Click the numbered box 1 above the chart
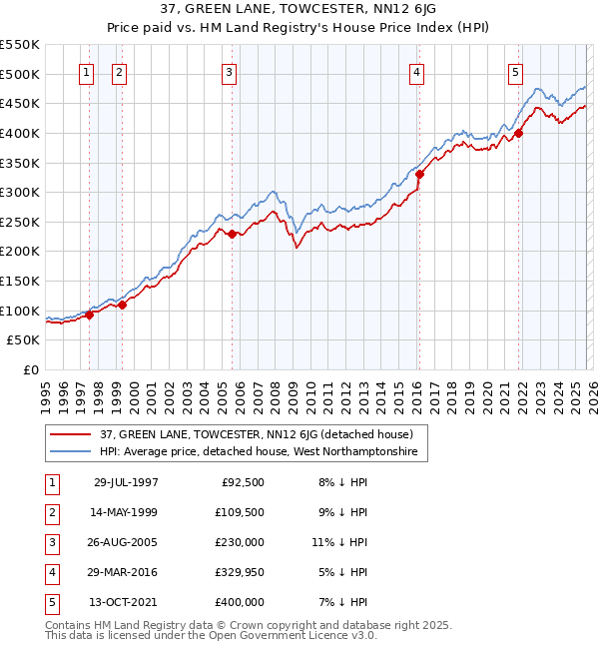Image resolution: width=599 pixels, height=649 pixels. tap(86, 72)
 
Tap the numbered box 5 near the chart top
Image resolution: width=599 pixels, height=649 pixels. tap(515, 72)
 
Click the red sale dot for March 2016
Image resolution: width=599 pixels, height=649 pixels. tap(419, 174)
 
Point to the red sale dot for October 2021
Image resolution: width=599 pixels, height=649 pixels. tap(519, 133)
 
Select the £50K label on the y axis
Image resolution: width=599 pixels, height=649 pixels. tap(24, 340)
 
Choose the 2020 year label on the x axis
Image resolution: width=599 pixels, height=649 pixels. tap(487, 395)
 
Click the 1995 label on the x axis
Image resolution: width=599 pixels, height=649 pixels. tap(47, 395)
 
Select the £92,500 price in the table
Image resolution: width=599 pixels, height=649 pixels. tap(243, 482)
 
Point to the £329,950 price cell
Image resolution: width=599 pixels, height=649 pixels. tap(240, 572)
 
